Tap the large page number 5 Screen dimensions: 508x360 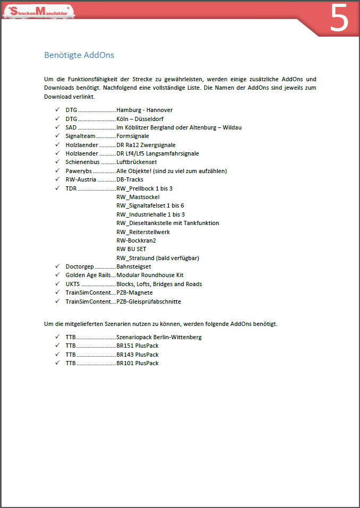click(339, 18)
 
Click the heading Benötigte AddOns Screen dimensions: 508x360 click(79, 55)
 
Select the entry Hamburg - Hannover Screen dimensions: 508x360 click(144, 110)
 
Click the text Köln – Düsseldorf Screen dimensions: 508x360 click(141, 119)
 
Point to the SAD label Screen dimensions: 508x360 click(71, 127)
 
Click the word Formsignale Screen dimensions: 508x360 click(133, 136)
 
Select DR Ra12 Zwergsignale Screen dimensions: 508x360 click(146, 145)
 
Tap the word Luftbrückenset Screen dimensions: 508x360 click(137, 162)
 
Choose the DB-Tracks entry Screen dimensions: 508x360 click(130, 179)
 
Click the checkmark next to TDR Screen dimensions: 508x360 click(57, 188)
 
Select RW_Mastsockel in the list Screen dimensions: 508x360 click(138, 197)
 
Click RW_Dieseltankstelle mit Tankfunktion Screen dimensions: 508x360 click(168, 223)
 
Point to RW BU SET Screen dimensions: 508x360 click(131, 249)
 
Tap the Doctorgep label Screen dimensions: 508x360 click(80, 266)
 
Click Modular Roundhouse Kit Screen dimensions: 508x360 click(150, 275)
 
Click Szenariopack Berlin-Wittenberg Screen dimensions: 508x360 click(159, 337)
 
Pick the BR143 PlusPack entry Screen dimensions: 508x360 click(138, 355)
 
